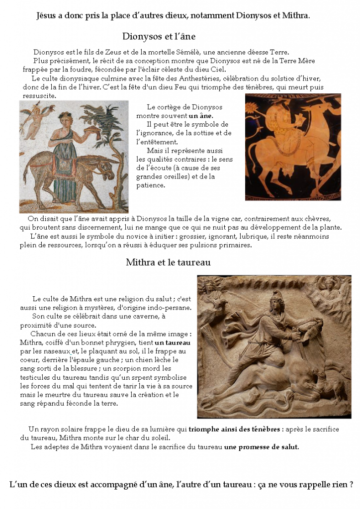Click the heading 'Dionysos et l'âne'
pyautogui.click(x=159, y=36)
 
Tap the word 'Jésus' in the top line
pyautogui.click(x=47, y=15)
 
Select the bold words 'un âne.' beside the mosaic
pyautogui.click(x=201, y=116)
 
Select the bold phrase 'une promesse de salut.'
pyautogui.click(x=262, y=447)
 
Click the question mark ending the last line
pyautogui.click(x=351, y=484)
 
